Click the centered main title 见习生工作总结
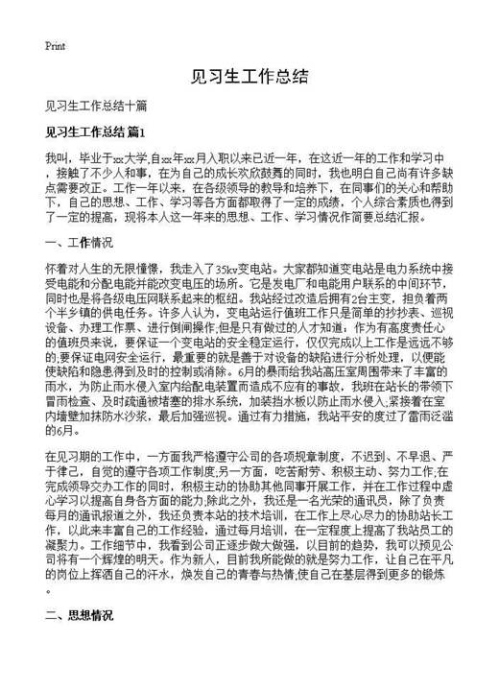pos(249,76)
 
